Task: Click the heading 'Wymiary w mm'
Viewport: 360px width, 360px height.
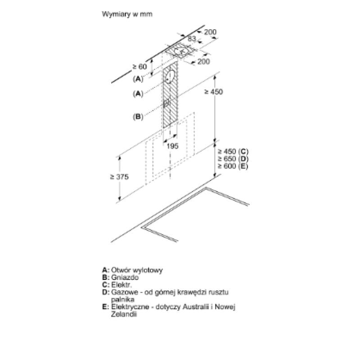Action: coord(127,14)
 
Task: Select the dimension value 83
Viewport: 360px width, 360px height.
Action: coord(192,39)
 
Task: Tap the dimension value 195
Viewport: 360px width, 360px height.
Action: coord(172,146)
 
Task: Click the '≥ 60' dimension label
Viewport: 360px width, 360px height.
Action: coord(139,67)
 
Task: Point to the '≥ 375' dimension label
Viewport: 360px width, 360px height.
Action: coord(119,177)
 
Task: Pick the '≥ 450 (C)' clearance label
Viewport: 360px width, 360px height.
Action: coord(233,152)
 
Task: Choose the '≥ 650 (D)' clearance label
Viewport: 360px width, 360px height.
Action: coord(233,159)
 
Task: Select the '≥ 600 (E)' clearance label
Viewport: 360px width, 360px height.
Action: coord(233,166)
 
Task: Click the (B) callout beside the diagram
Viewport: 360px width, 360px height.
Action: coord(138,117)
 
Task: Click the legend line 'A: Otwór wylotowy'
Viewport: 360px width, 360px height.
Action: coord(132,270)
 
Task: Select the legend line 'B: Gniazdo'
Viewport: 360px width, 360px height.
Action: coord(120,278)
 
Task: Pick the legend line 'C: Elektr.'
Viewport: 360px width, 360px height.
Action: coord(117,285)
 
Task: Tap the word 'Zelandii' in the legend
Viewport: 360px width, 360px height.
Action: coord(124,314)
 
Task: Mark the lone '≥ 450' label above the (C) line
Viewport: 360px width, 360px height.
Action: coord(213,92)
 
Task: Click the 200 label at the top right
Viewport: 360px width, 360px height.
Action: coord(210,32)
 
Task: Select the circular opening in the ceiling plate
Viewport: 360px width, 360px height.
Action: coord(181,51)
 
